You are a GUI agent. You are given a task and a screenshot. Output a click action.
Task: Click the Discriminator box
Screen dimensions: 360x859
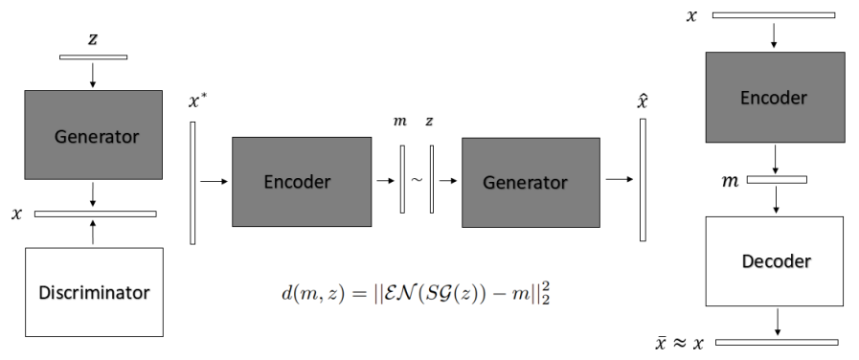[93, 291]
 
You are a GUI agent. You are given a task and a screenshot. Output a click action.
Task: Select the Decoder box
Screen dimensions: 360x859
[775, 261]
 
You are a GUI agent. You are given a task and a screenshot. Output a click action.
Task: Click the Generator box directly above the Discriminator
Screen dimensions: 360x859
[93, 135]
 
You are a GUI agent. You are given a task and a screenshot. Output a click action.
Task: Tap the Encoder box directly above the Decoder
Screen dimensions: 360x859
[775, 98]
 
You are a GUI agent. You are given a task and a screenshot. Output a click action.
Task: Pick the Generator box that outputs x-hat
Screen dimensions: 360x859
[531, 181]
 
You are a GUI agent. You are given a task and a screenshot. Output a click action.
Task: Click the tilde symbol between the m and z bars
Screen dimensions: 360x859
[417, 178]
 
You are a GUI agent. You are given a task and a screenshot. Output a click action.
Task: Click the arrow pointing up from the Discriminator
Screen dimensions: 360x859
[93, 232]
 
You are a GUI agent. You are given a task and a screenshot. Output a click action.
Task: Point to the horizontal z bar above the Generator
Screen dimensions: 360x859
[93, 56]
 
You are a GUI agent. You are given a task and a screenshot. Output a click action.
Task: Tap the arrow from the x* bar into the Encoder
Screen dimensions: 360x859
[215, 180]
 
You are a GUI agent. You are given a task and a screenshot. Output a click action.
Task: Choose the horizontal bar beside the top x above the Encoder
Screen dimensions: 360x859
[773, 15]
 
